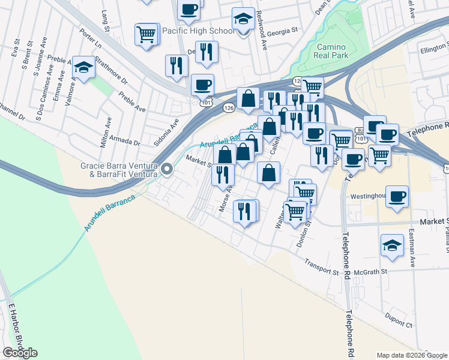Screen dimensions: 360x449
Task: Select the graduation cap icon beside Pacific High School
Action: click(243, 20)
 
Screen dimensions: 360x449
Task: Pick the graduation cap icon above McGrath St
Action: click(392, 245)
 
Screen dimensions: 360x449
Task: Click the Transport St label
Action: click(321, 266)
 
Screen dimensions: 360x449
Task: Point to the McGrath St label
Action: click(373, 271)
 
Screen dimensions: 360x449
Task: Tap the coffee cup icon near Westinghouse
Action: click(397, 196)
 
